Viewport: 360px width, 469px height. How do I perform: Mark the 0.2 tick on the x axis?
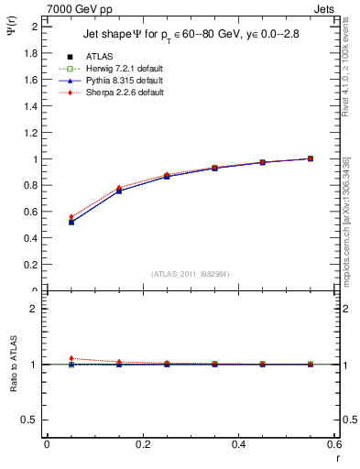pyautogui.click(x=142, y=443)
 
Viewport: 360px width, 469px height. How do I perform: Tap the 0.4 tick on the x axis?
pyautogui.click(x=238, y=443)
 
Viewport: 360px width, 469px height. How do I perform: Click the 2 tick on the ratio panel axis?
pyautogui.click(x=37, y=309)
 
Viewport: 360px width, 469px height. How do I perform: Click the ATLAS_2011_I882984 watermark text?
pyautogui.click(x=191, y=275)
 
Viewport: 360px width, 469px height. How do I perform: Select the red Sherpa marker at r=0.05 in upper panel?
pyautogui.click(x=71, y=217)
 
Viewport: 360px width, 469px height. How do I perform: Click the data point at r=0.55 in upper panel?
pyautogui.click(x=311, y=158)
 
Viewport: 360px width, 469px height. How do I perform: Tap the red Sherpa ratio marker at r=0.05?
pyautogui.click(x=71, y=358)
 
